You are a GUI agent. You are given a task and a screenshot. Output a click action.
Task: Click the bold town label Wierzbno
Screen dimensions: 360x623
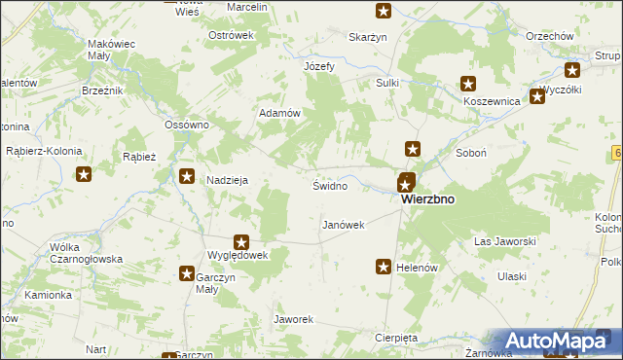point(427,199)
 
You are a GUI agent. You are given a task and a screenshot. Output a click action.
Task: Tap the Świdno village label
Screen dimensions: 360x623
point(329,185)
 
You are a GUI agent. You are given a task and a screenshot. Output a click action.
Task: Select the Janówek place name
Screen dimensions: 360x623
point(343,225)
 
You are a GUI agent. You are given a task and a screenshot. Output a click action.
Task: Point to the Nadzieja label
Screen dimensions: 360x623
point(229,180)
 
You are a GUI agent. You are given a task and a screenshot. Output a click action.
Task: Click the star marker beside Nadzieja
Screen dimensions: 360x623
point(187,176)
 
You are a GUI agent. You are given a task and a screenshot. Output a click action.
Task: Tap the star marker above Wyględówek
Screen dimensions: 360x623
point(241,242)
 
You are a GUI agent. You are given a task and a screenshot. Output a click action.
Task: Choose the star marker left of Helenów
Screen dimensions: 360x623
point(385,266)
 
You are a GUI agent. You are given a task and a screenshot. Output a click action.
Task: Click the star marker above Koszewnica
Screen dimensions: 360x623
point(468,85)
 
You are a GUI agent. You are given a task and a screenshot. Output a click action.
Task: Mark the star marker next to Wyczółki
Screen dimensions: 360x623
point(536,96)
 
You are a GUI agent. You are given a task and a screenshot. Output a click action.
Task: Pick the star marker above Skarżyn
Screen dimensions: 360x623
point(384,12)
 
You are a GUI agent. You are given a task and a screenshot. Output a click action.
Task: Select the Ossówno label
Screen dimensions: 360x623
point(188,126)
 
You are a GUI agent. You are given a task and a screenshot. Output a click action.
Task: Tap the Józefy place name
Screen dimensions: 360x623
point(319,67)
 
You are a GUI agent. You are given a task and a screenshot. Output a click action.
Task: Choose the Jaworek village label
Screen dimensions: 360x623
point(293,319)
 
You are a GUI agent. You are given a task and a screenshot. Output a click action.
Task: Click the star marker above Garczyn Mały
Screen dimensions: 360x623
point(186,274)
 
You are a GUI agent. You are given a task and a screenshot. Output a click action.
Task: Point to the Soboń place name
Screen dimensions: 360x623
point(470,153)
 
